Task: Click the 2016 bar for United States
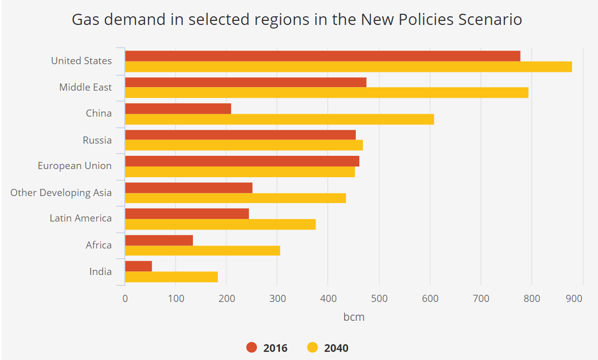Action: [322, 56]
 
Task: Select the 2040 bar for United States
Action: [348, 67]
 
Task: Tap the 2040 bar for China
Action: [279, 119]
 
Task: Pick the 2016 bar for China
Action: [178, 108]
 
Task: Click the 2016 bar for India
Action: [138, 266]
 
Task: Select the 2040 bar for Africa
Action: [202, 251]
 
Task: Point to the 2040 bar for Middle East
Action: [326, 93]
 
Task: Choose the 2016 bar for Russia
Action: [240, 135]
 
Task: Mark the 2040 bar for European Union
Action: [240, 172]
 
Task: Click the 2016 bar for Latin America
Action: [187, 213]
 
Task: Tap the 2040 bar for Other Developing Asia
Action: [235, 198]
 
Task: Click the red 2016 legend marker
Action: [252, 348]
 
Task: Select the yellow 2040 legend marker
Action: [313, 348]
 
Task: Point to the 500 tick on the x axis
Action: [379, 299]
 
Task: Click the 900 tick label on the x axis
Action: [574, 299]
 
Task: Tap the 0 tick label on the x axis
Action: [125, 299]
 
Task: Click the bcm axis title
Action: [354, 317]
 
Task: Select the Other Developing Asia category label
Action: [61, 193]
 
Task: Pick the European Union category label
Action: [75, 166]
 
